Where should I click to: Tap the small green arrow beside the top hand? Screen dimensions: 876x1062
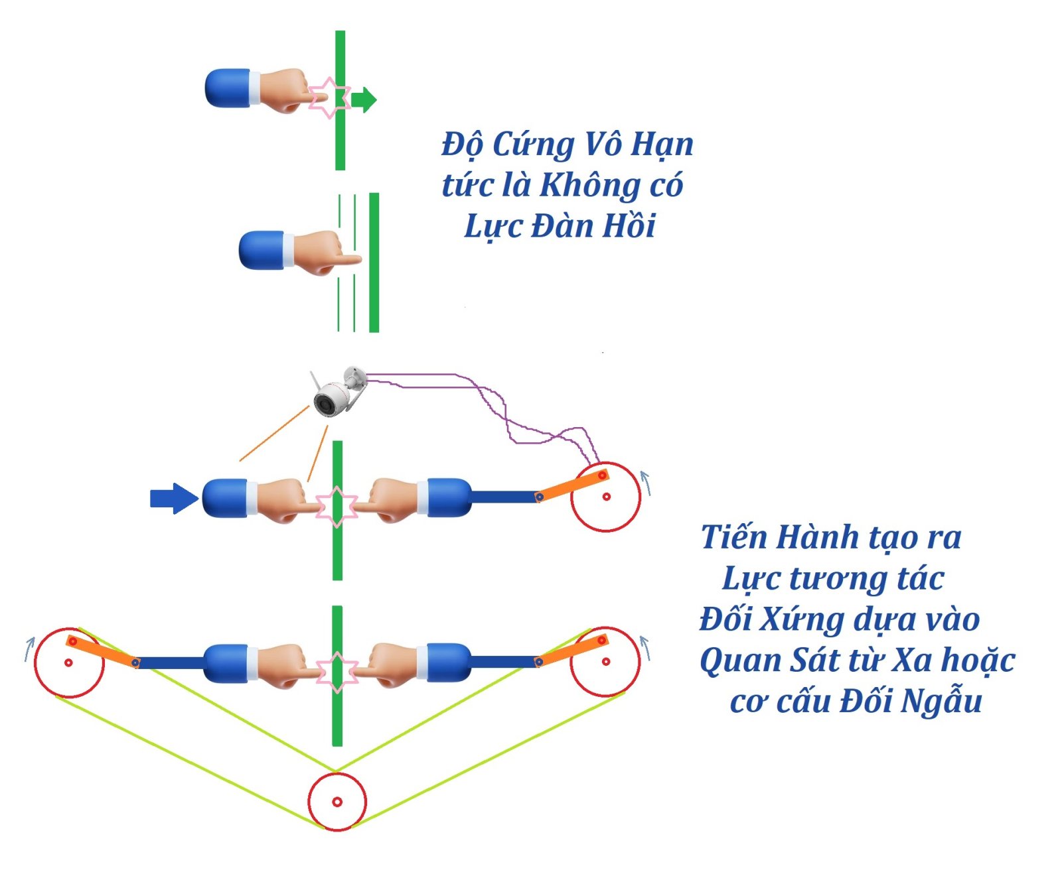click(x=364, y=100)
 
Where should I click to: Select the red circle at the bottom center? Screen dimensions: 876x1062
click(x=337, y=802)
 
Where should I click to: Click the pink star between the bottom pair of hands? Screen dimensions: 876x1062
click(x=337, y=672)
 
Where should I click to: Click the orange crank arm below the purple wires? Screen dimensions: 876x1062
click(x=572, y=485)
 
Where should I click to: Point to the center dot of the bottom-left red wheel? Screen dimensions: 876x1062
click(x=68, y=662)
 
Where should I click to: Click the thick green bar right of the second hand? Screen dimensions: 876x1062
click(x=374, y=263)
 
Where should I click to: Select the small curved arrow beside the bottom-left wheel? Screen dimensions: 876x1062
click(x=29, y=649)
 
